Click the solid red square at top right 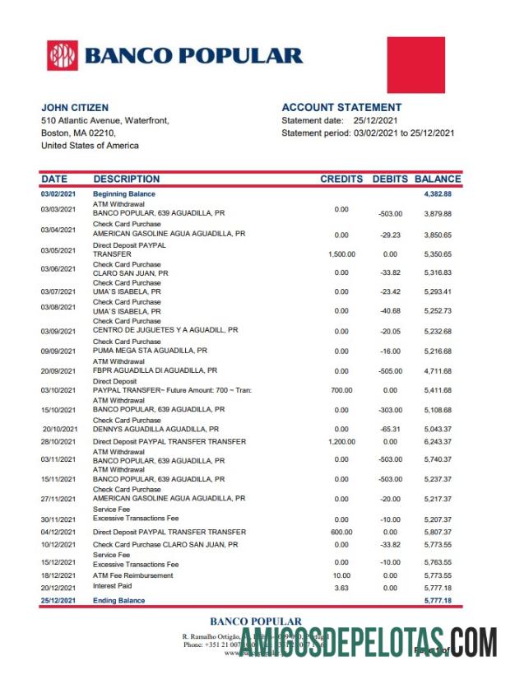(415, 65)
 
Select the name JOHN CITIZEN (75, 108)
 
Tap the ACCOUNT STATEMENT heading (341, 108)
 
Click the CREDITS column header (341, 179)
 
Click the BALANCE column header (438, 179)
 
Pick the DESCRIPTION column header (127, 179)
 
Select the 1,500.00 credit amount (341, 254)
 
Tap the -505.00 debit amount (390, 371)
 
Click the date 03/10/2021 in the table (58, 390)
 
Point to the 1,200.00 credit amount (341, 442)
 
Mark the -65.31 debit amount (390, 430)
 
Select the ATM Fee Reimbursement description (133, 575)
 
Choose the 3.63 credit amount (341, 588)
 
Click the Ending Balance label (119, 601)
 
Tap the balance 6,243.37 (438, 442)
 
